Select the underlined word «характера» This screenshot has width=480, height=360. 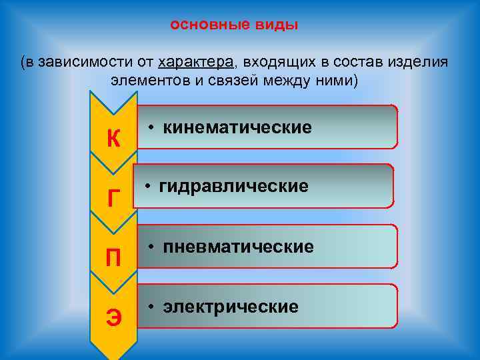[x=197, y=63]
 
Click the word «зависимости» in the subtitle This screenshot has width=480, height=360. [x=85, y=63]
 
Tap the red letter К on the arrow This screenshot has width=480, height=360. [x=113, y=139]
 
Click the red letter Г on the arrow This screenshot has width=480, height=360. [x=113, y=198]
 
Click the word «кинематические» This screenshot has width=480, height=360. [x=237, y=127]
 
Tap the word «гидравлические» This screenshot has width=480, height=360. [x=233, y=186]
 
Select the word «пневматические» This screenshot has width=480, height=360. [x=238, y=247]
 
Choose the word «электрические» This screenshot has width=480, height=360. [x=231, y=307]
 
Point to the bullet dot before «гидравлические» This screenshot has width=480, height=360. [x=149, y=186]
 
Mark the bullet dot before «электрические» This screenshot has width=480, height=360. [x=153, y=307]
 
